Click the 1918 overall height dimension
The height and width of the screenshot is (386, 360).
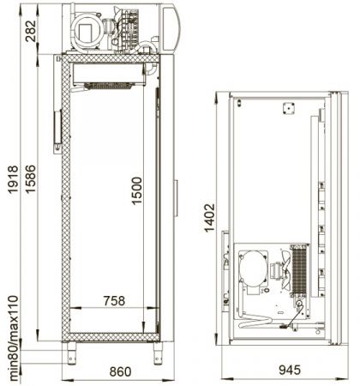(13, 180)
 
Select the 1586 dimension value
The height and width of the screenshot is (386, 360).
(31, 179)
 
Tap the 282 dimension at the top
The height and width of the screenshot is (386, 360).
(31, 31)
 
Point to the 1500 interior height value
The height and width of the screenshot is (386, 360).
(136, 190)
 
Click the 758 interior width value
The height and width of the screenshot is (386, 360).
(114, 301)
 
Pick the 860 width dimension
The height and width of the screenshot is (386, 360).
(120, 371)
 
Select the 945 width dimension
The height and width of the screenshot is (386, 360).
(290, 370)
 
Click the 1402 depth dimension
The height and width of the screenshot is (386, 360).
(210, 218)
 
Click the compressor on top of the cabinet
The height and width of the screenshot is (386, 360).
(87, 30)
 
